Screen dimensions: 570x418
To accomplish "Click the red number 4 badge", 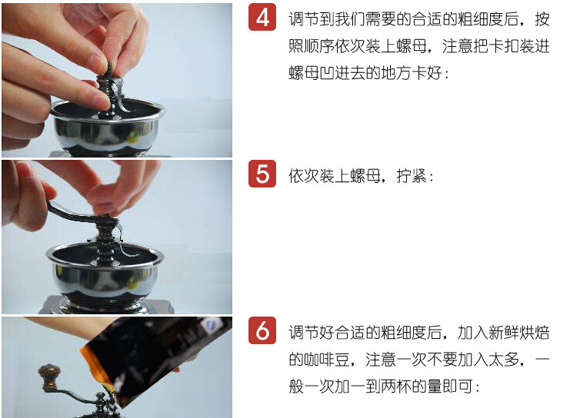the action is (x=262, y=17).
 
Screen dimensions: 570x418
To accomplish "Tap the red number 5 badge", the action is (x=262, y=174).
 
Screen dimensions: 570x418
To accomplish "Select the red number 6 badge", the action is (x=262, y=330).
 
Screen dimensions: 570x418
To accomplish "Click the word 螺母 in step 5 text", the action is (x=365, y=176).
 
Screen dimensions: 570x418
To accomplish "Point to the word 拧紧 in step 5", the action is (x=411, y=176).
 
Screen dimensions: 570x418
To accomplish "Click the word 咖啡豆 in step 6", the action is (x=319, y=360).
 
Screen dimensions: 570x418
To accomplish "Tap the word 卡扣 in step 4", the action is (x=503, y=46).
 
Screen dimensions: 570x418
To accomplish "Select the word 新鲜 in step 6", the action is (x=503, y=333).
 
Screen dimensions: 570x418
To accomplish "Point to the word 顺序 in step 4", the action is (x=319, y=46).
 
